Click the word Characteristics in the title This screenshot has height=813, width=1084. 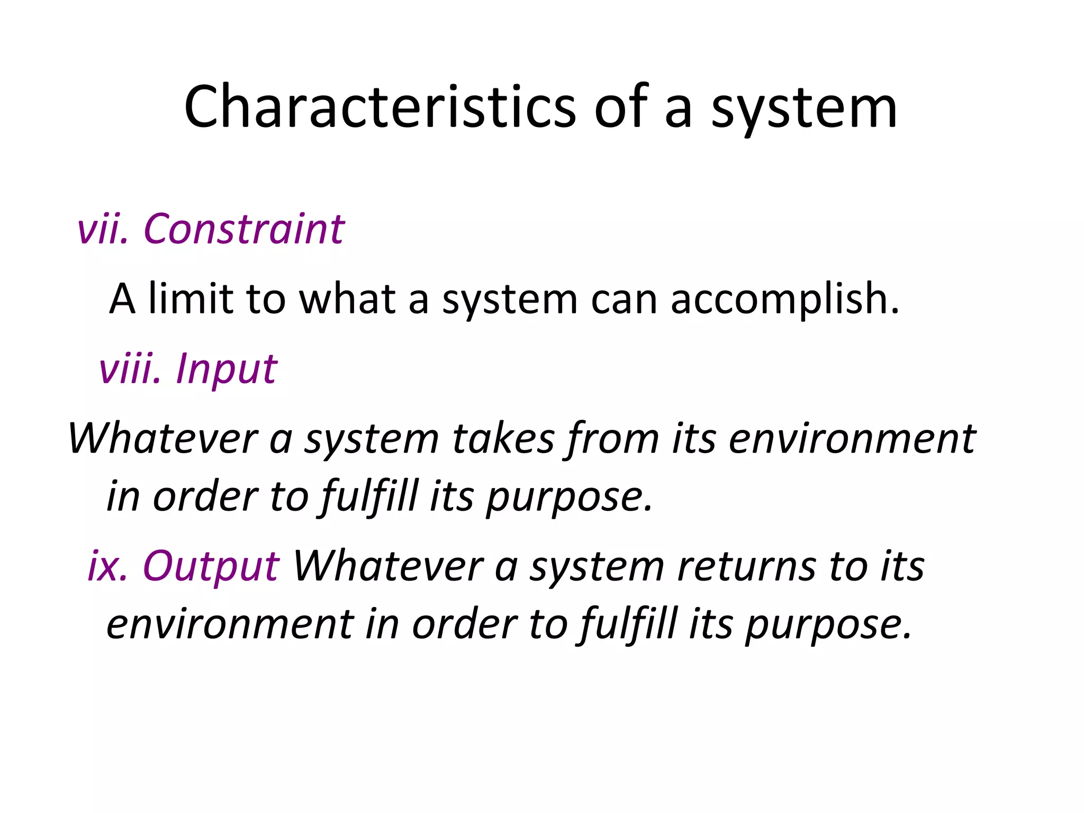tap(380, 107)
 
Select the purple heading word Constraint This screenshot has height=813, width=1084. tap(244, 229)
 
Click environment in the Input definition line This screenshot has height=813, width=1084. tap(852, 439)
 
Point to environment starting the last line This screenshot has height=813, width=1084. tap(230, 625)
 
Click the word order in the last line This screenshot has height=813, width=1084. tap(464, 625)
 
